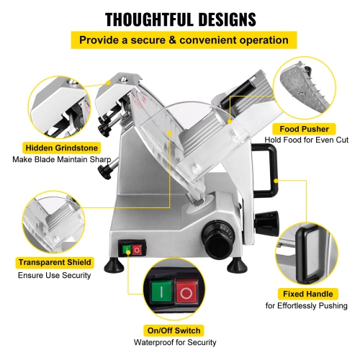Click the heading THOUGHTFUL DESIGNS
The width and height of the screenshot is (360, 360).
point(179,17)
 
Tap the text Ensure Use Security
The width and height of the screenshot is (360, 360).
point(54,276)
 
